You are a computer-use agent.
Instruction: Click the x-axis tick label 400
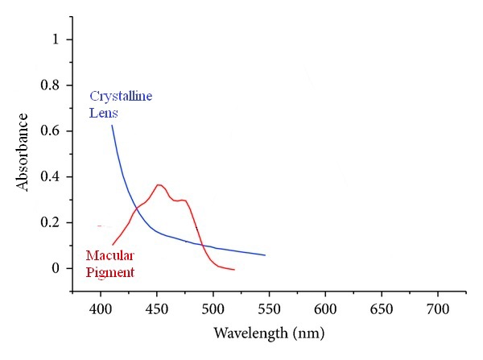point(101,309)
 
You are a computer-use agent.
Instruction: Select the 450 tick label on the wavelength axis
point(157,309)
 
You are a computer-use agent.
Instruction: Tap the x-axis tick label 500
point(213,309)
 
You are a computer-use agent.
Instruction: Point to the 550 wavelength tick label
point(269,309)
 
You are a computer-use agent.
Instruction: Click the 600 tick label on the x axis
point(325,309)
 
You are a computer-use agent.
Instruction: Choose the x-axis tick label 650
point(382,309)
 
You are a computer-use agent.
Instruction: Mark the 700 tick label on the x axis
point(438,309)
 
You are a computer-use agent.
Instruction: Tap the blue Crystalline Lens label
point(120,105)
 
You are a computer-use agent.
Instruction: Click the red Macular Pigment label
point(110,264)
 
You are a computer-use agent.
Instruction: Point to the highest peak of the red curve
point(159,184)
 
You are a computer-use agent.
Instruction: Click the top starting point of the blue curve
point(112,125)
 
